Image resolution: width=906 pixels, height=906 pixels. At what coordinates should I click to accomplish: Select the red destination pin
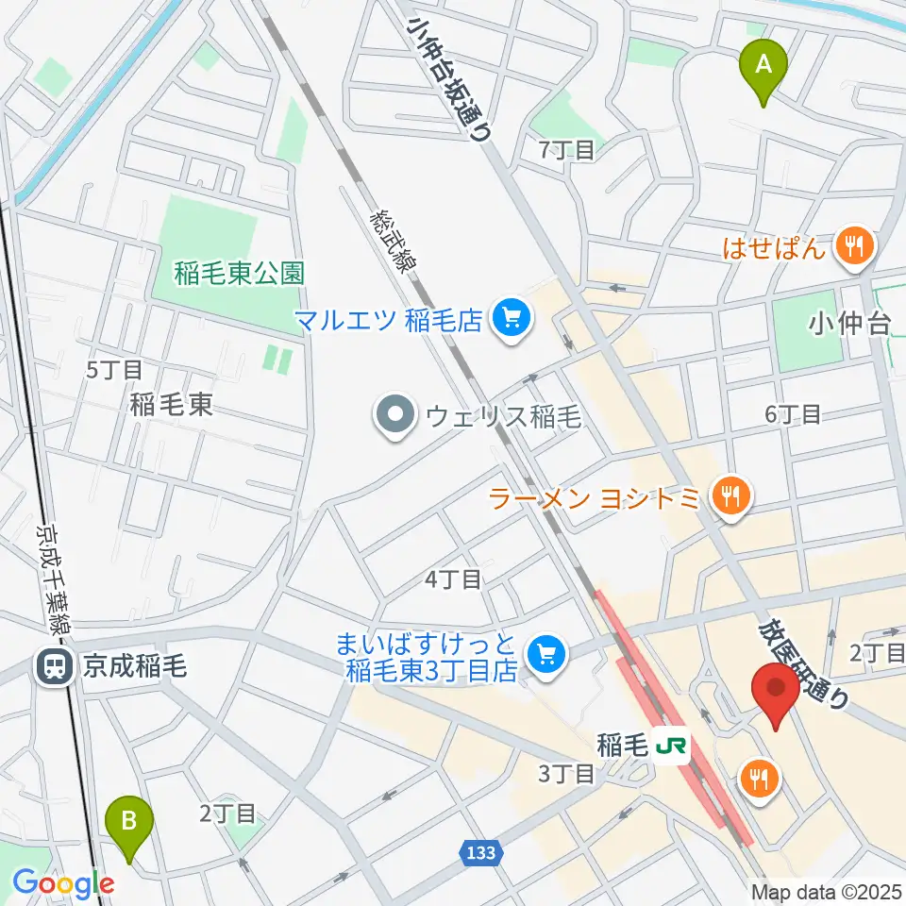pos(775,690)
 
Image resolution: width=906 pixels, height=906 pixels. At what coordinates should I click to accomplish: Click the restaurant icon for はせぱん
pos(856,247)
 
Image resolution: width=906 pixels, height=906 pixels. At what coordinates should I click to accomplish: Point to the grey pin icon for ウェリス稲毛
pos(394,416)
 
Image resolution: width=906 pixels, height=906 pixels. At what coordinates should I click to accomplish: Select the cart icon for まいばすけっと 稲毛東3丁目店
pos(545,651)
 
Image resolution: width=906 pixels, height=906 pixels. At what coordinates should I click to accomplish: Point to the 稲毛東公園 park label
pos(240,274)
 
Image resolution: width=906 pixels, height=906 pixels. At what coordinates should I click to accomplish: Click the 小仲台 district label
pos(849,325)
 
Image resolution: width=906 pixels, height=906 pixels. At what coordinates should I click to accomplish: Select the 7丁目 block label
pos(566,150)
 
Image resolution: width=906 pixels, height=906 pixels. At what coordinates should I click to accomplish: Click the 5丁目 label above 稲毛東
pos(113,369)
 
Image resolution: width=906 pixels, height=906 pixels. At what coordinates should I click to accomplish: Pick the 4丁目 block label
pos(454,579)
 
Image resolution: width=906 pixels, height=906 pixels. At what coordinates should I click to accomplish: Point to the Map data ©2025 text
pos(826,891)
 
